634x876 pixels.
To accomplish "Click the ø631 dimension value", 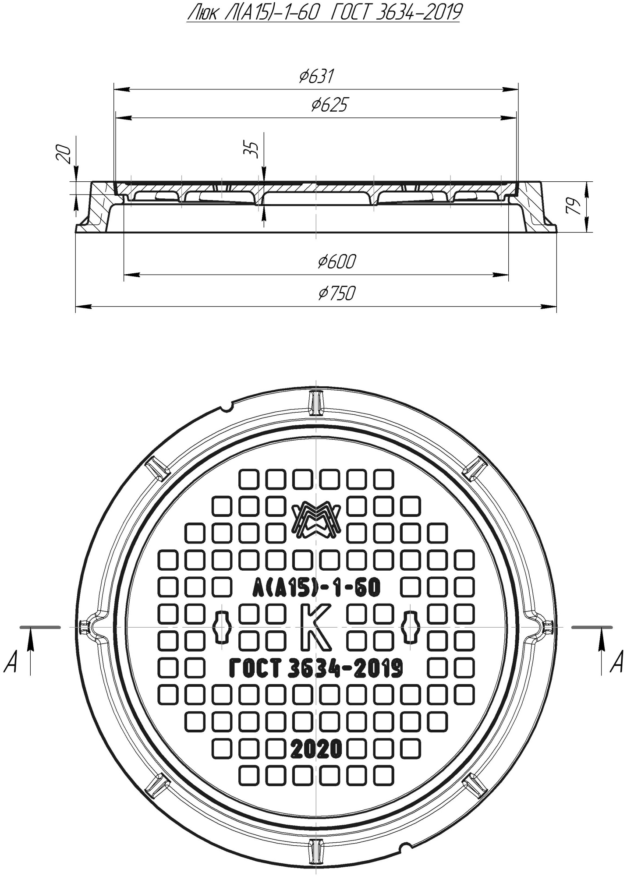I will (316, 77).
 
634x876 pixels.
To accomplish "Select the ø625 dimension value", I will (329, 105).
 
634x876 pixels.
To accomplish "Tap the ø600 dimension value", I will (336, 262).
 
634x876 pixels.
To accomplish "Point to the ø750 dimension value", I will (336, 293).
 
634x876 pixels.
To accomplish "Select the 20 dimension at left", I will (65, 154).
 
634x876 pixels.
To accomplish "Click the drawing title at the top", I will (323, 13).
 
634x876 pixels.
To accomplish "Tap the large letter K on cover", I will (316, 627).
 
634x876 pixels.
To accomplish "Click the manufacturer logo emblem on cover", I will (316, 520).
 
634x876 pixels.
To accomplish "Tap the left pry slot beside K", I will (222, 627).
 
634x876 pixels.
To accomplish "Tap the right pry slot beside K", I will (411, 627).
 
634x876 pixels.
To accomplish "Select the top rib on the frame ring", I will (316, 403).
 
